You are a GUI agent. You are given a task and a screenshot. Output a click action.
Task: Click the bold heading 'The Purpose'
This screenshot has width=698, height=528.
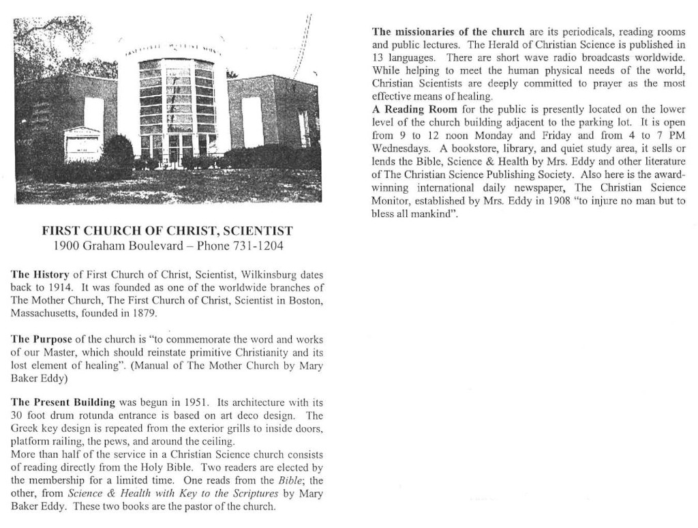(x=40, y=339)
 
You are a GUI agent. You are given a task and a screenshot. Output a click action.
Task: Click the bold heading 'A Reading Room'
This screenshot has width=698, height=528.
(x=414, y=109)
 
